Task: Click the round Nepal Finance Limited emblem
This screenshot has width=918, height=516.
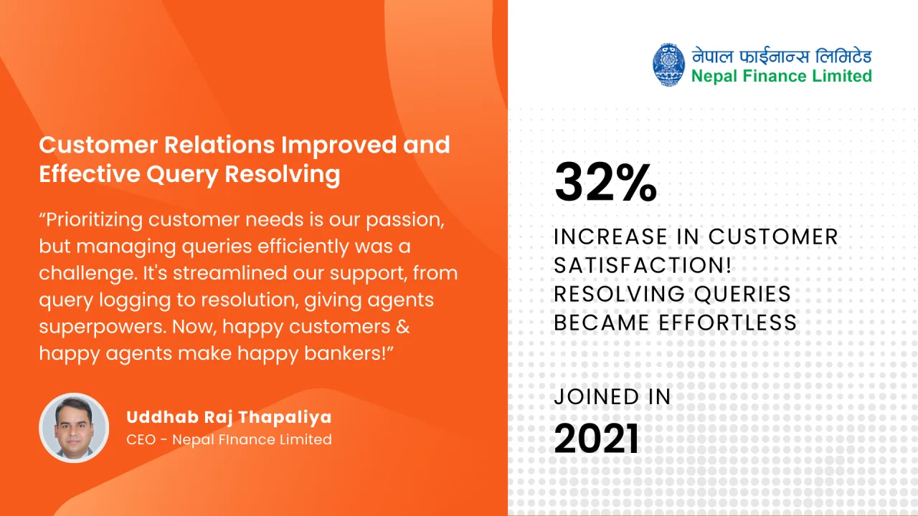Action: pyautogui.click(x=668, y=64)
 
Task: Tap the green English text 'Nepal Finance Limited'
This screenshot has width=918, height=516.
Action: pyautogui.click(x=782, y=77)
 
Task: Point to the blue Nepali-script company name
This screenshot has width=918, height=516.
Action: pyautogui.click(x=782, y=56)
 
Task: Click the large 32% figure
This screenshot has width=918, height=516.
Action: pyautogui.click(x=605, y=182)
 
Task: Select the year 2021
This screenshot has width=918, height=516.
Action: pyautogui.click(x=596, y=438)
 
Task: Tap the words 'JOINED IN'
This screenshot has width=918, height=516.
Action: pyautogui.click(x=612, y=396)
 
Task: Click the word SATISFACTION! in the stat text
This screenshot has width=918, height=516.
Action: pyautogui.click(x=643, y=265)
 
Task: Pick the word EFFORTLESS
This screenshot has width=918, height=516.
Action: pyautogui.click(x=727, y=322)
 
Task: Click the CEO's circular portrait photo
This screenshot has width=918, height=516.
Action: pyautogui.click(x=74, y=428)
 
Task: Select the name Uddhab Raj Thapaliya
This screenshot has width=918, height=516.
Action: pyautogui.click(x=229, y=417)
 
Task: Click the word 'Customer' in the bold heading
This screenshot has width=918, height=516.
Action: pyautogui.click(x=98, y=145)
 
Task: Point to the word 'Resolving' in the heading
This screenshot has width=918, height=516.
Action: pyautogui.click(x=283, y=173)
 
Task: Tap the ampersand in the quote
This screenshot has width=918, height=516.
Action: pyautogui.click(x=403, y=326)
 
